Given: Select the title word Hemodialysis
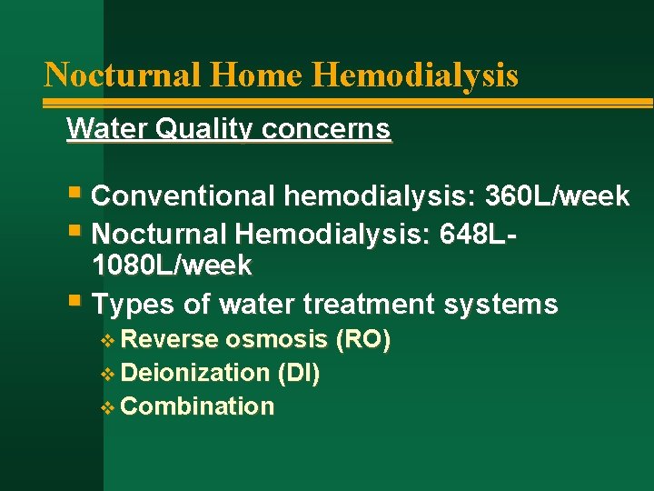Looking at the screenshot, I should [416, 75].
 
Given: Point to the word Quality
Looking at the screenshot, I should [201, 130].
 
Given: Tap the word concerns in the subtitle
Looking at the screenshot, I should [327, 129].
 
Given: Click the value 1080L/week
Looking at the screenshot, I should [172, 266].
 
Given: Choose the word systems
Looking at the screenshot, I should [501, 304].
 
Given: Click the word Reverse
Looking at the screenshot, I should [170, 340].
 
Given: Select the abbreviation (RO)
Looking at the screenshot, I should [362, 340].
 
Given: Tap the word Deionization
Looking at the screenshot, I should [194, 373].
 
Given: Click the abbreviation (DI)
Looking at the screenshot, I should [299, 373].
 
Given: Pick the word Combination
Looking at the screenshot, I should [197, 406].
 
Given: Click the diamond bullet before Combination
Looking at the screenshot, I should [108, 406].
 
